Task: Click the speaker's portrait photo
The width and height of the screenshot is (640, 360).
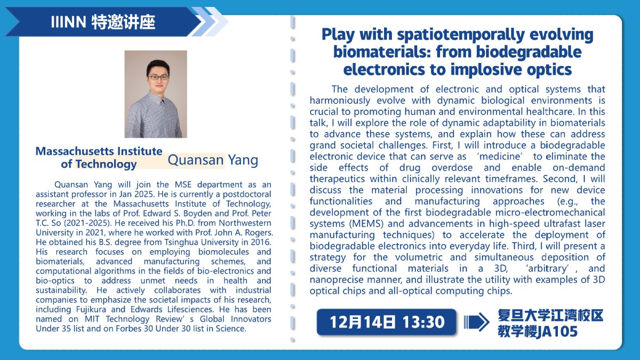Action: click(156, 94)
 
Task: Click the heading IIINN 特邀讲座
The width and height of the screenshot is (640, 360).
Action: click(103, 22)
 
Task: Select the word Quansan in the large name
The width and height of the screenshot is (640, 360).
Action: click(195, 160)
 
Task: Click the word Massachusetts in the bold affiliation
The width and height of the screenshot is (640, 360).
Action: click(75, 151)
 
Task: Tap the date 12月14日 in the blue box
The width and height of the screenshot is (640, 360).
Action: click(362, 322)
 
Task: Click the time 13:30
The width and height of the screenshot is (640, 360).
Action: click(423, 322)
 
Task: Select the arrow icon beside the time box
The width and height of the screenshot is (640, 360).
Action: click(476, 322)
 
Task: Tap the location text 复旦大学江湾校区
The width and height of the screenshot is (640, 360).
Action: click(550, 316)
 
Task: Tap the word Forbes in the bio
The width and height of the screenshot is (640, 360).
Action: click(130, 329)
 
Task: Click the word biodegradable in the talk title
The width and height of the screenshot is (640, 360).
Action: click(529, 52)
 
